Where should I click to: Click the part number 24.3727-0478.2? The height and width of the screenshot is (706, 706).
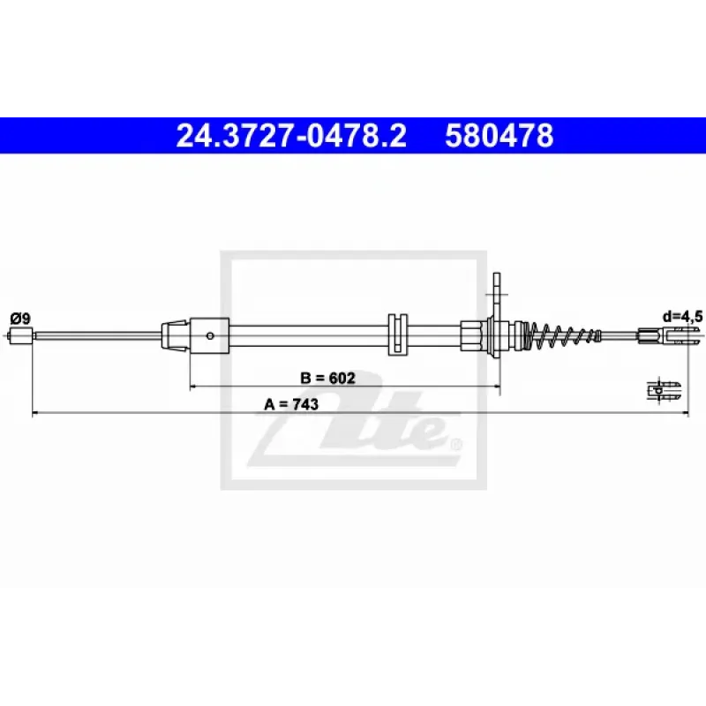(x=291, y=136)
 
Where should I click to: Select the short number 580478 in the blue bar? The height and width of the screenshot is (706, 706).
(x=499, y=136)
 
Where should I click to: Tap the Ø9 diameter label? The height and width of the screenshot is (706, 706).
(x=20, y=319)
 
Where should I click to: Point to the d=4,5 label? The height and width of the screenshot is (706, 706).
(x=682, y=317)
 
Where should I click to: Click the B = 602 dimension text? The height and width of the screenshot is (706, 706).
(x=327, y=378)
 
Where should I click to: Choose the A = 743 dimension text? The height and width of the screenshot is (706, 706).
(x=291, y=404)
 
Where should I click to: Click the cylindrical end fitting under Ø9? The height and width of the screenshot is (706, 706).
(x=20, y=335)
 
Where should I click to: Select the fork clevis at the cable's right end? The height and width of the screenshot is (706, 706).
(x=671, y=335)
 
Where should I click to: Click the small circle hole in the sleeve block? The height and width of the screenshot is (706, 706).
(x=209, y=335)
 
